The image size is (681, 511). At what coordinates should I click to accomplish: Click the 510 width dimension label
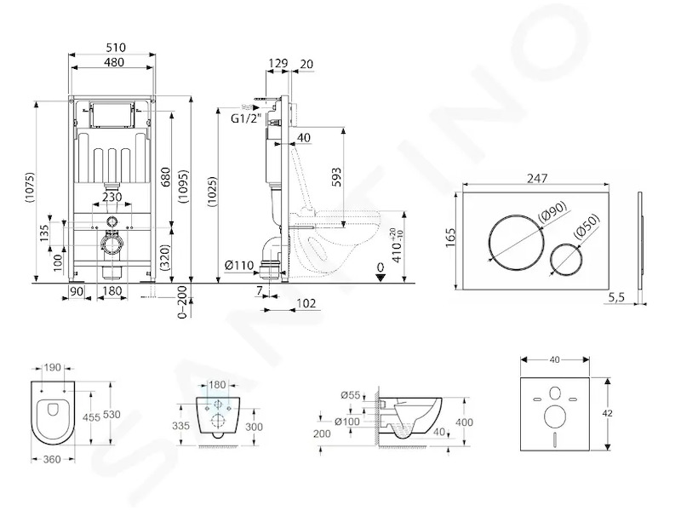click(115, 47)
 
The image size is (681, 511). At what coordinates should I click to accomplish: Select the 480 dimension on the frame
click(114, 62)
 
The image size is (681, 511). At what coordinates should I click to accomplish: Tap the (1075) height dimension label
click(29, 187)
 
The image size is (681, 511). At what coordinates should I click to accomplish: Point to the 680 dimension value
click(165, 177)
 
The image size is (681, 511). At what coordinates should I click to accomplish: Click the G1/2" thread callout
click(245, 118)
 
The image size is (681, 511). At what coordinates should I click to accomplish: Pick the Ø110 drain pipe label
click(239, 264)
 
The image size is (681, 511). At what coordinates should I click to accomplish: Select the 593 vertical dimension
click(336, 177)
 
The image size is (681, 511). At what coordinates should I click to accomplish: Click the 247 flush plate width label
click(537, 178)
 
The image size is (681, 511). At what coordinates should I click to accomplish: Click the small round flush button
click(565, 258)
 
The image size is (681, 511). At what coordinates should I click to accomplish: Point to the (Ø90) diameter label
click(552, 210)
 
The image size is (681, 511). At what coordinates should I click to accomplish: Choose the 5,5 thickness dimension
click(615, 297)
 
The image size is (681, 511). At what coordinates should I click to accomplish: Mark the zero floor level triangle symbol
click(381, 278)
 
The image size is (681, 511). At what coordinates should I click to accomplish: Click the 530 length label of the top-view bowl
click(112, 415)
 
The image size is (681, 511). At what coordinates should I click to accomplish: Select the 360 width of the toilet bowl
click(52, 459)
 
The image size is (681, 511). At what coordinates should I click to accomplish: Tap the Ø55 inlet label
click(351, 395)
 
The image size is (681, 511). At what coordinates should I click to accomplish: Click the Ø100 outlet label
click(347, 421)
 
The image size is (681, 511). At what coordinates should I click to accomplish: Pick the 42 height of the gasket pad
click(608, 413)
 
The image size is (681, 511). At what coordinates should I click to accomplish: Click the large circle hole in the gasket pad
click(555, 416)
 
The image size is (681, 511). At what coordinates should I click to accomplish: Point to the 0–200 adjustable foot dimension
click(183, 302)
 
